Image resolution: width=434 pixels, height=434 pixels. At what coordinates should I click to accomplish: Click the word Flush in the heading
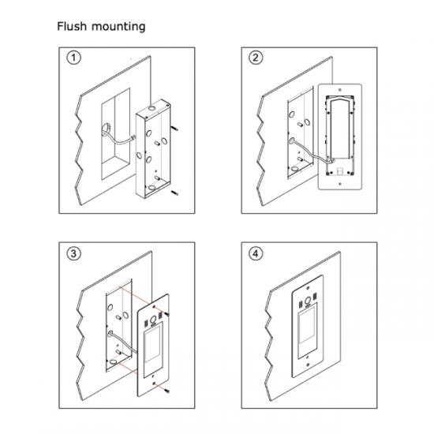coord(72,26)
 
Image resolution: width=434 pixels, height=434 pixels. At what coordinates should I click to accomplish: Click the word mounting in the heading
coord(118,27)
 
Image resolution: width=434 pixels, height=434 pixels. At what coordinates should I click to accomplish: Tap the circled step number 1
coord(74,58)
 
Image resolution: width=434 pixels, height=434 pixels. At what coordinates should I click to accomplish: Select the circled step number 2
coord(256,58)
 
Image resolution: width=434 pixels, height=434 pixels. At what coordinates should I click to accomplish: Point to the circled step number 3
coord(74,253)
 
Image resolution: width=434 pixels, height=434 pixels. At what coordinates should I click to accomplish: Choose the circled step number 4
coord(256,253)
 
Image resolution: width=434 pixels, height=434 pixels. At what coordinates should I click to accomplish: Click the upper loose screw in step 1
coord(174,128)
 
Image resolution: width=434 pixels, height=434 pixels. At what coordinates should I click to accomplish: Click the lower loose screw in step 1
coord(174,193)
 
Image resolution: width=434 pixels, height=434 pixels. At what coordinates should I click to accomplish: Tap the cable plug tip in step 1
coord(133,137)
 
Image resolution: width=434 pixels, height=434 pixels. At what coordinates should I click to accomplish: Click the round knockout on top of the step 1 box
coord(152,107)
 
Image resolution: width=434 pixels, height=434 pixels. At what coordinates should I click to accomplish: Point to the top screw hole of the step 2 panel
coord(340,90)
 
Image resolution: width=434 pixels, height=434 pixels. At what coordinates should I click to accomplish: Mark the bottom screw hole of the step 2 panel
coord(340,184)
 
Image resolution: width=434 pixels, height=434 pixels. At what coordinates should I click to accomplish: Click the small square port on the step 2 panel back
coord(339,170)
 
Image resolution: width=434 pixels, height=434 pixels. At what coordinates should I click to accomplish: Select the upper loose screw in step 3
coord(166,314)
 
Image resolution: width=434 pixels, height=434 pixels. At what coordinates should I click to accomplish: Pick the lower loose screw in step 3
coord(166,391)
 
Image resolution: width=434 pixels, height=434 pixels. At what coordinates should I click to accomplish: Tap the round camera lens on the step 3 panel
coord(153,320)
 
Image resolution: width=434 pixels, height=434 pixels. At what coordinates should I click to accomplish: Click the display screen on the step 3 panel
coord(152,344)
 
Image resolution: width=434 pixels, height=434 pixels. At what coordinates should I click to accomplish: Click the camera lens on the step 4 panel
coord(308,301)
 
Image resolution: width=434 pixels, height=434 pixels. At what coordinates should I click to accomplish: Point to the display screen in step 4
coord(307,325)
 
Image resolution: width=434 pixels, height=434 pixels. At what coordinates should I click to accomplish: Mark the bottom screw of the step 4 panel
coord(308,365)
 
